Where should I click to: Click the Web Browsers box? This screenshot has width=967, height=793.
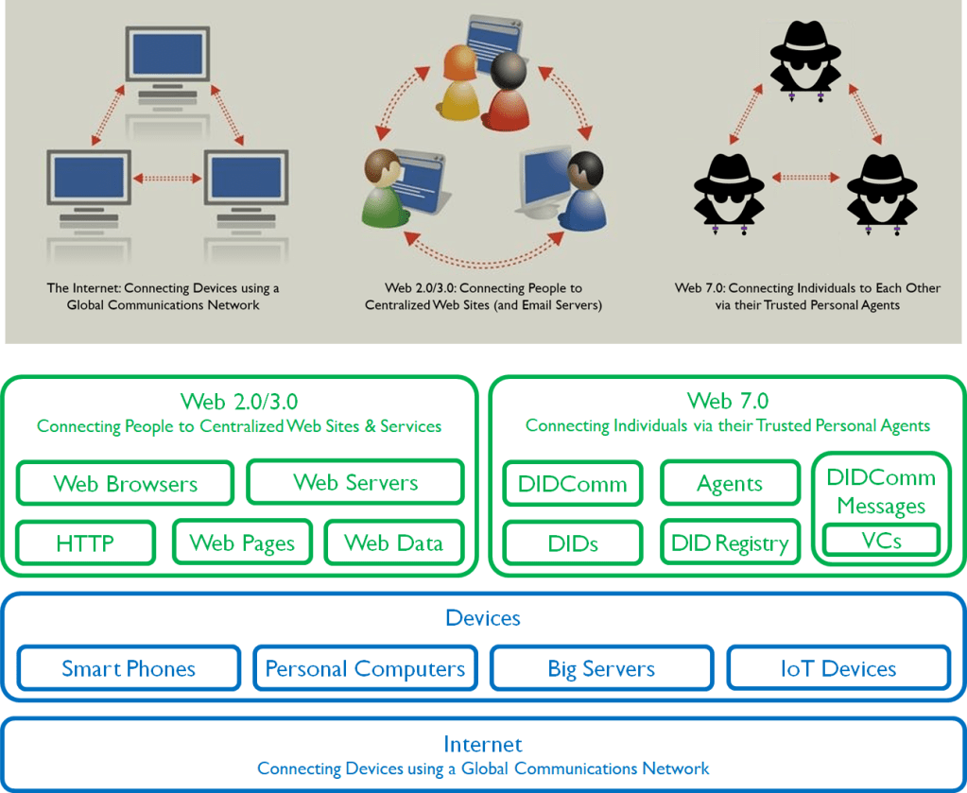pyautogui.click(x=125, y=483)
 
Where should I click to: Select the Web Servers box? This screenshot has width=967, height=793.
pyautogui.click(x=355, y=482)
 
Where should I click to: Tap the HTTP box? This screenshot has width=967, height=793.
pyautogui.click(x=85, y=543)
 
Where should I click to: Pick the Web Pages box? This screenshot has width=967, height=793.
pyautogui.click(x=242, y=543)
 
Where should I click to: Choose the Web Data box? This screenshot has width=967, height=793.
pyautogui.click(x=393, y=543)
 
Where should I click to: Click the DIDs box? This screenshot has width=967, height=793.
pyautogui.click(x=573, y=543)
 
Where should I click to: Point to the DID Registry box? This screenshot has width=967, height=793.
pyautogui.click(x=729, y=543)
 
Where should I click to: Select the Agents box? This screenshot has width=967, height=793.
pyautogui.click(x=729, y=483)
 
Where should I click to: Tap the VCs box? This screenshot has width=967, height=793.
pyautogui.click(x=881, y=541)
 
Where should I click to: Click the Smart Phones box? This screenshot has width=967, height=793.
pyautogui.click(x=129, y=668)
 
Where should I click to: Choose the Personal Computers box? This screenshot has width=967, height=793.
pyautogui.click(x=365, y=668)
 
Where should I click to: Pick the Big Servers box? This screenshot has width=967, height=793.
pyautogui.click(x=601, y=668)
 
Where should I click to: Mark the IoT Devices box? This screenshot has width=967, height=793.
pyautogui.click(x=837, y=668)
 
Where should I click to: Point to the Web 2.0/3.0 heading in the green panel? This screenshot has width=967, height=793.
pyautogui.click(x=239, y=401)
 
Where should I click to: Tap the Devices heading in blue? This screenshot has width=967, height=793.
pyautogui.click(x=482, y=618)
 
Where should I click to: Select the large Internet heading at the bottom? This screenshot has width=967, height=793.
pyautogui.click(x=482, y=744)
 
